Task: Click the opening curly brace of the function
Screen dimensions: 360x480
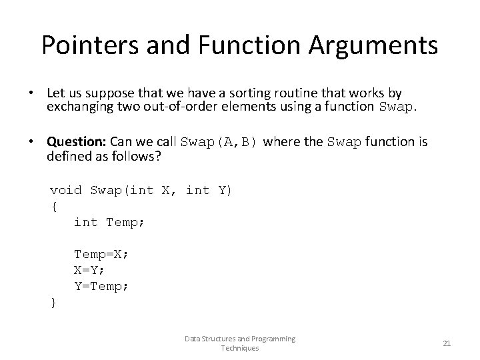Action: [54, 206]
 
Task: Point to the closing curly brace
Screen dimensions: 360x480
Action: [54, 302]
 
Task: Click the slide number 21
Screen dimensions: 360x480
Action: [447, 343]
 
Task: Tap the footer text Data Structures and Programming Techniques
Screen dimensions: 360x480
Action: [240, 343]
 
